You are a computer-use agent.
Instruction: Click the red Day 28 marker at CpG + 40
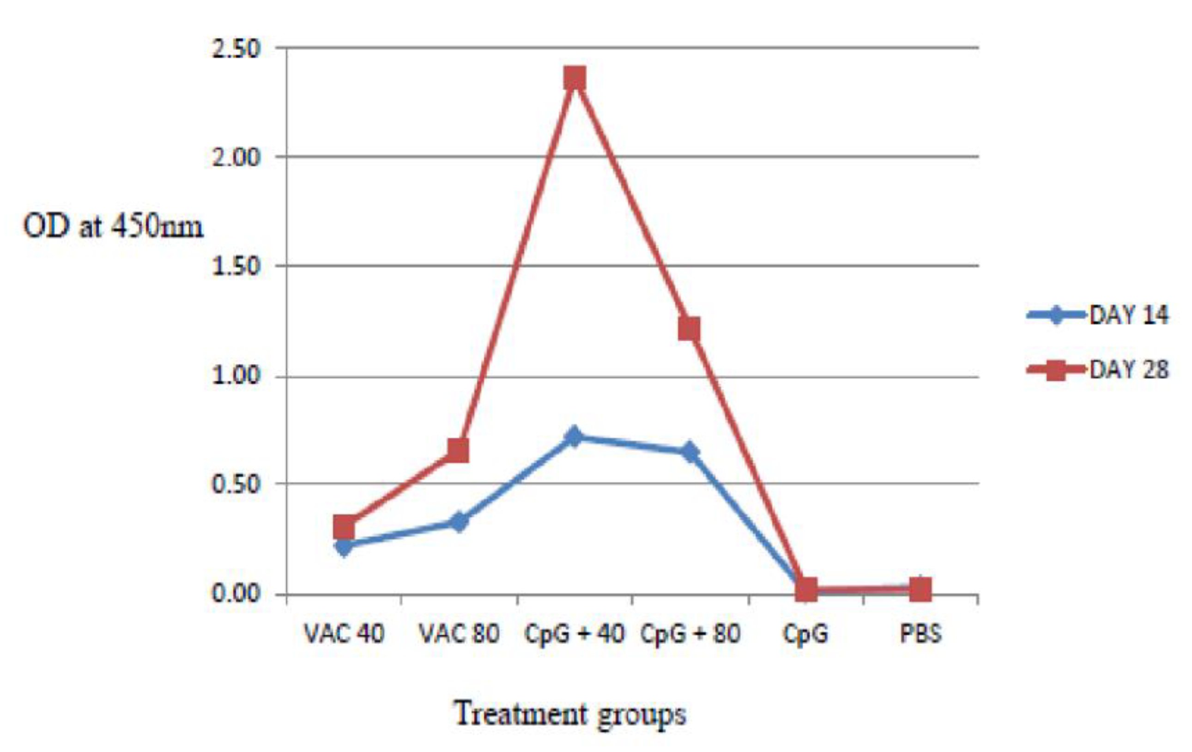point(575,79)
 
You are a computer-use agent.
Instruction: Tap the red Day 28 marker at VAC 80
point(458,450)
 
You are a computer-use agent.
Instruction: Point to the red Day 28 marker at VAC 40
point(344,527)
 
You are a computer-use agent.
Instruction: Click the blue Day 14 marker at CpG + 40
point(574,436)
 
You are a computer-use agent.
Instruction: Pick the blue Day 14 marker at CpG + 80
point(690,451)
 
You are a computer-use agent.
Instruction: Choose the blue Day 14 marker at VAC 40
point(344,547)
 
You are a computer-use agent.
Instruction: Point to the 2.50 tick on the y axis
point(236,49)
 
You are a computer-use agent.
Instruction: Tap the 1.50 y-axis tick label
point(236,267)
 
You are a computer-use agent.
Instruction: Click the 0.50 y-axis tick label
point(236,484)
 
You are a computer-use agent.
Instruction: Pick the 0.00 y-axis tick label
point(236,593)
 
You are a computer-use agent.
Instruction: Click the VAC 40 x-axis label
point(344,633)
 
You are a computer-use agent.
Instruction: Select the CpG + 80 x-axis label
point(690,633)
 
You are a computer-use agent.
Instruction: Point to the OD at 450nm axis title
point(113,227)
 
